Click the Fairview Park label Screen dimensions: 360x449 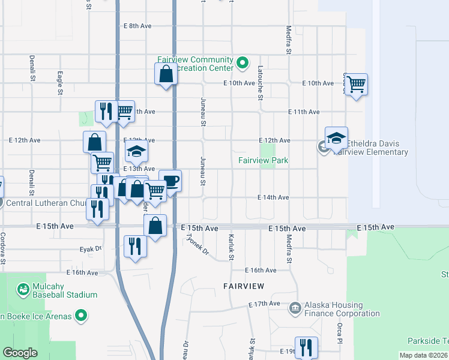point(263,160)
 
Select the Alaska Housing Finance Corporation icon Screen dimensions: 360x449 point(295,309)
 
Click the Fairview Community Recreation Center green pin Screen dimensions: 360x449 point(243,62)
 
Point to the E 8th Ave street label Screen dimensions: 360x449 point(138,26)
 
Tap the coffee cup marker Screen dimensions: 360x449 point(170,181)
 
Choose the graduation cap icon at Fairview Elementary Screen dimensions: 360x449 point(336,137)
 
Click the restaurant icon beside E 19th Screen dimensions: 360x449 point(306,347)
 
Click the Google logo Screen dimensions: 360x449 point(20,353)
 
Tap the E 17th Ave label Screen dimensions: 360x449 point(265,305)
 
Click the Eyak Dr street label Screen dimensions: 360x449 point(91,248)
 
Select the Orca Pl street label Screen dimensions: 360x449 point(339,328)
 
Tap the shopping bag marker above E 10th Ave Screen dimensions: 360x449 point(166,75)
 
